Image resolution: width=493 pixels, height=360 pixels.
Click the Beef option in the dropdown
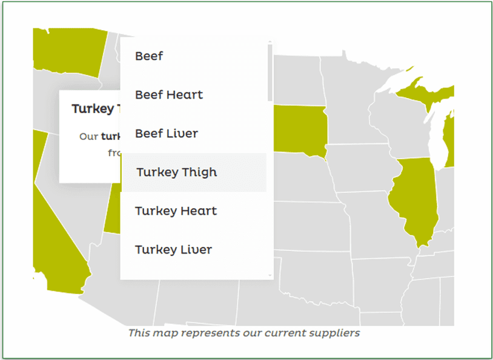coord(149,56)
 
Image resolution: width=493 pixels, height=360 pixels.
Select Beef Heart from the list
coord(169,95)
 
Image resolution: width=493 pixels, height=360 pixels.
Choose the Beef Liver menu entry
coord(167,134)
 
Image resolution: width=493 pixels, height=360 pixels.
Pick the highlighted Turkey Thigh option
coord(176,172)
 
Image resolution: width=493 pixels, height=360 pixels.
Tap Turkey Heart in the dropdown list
coord(176,211)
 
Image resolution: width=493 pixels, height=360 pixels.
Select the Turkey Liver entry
coord(173,250)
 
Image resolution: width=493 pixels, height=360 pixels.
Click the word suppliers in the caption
coord(337,333)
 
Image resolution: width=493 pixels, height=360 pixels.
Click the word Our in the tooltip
coord(88,136)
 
